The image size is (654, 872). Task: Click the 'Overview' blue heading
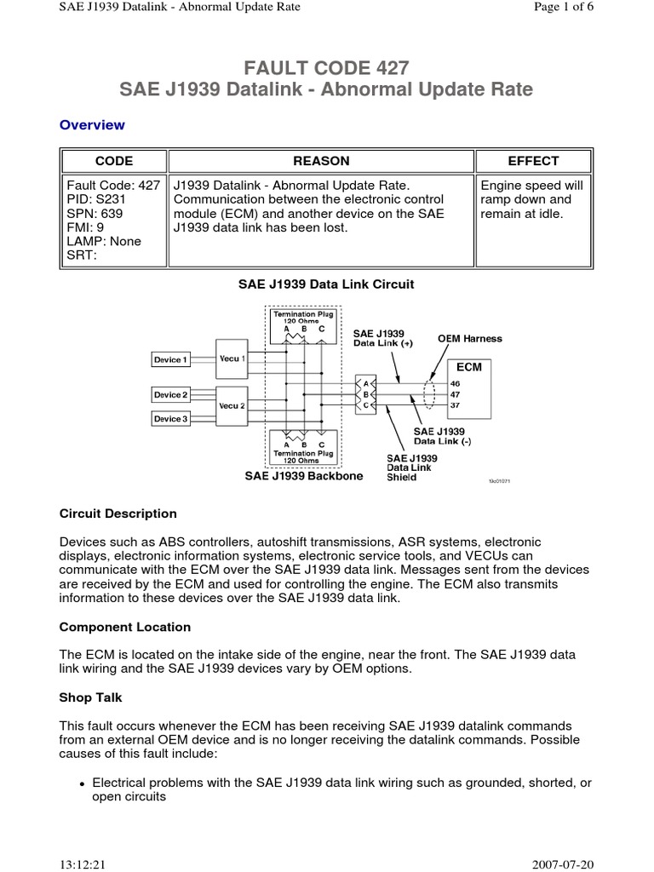(92, 125)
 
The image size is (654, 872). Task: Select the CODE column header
(113, 161)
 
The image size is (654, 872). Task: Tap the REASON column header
(321, 161)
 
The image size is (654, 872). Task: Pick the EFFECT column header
(533, 161)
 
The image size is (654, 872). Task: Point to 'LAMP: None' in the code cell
(103, 241)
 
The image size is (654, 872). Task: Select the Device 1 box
(170, 360)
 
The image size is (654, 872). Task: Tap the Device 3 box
(170, 419)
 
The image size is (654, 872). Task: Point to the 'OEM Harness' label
(470, 338)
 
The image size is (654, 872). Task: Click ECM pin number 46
(455, 383)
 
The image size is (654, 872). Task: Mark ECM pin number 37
(455, 405)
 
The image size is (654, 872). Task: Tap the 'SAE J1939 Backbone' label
(304, 477)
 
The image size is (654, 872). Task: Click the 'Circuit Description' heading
(118, 513)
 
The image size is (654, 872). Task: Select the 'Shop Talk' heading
(91, 697)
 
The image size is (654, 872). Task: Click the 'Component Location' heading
(125, 627)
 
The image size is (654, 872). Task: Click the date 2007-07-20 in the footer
(564, 863)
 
